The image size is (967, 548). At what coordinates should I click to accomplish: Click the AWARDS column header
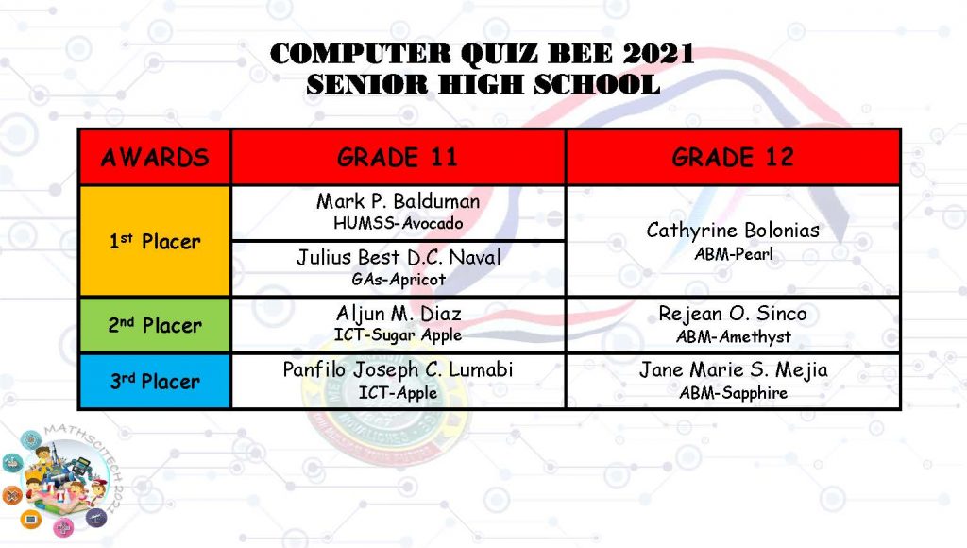pos(155,158)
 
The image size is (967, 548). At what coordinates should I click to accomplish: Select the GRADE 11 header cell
pos(398,158)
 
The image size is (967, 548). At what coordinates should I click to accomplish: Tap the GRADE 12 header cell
pos(733,158)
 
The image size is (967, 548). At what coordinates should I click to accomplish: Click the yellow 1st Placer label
pos(155,241)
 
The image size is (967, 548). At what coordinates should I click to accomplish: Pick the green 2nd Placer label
pos(155,325)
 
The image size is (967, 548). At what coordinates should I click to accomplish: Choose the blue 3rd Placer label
pos(155,382)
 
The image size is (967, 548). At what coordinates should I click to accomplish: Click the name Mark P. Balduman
pos(398,201)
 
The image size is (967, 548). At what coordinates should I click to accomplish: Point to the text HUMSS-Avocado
pos(398,223)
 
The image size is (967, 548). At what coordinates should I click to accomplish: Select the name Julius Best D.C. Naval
pos(399,257)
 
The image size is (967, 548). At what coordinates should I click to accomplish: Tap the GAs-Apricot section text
pos(399,279)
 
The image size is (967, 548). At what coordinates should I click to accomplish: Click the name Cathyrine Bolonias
pos(733,231)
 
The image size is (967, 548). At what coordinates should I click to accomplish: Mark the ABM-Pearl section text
pos(733,253)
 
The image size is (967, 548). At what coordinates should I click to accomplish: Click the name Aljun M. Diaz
pos(399,314)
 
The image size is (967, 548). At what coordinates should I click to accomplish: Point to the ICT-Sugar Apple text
pos(398,335)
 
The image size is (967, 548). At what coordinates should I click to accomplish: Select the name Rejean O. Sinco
pos(733,314)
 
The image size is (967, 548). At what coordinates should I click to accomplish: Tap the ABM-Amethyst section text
pos(733,336)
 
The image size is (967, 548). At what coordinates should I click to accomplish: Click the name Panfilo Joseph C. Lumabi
pos(398,369)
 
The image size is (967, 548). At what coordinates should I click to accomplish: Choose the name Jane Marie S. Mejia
pos(733,369)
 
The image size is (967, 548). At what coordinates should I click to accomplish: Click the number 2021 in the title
pos(658,54)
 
